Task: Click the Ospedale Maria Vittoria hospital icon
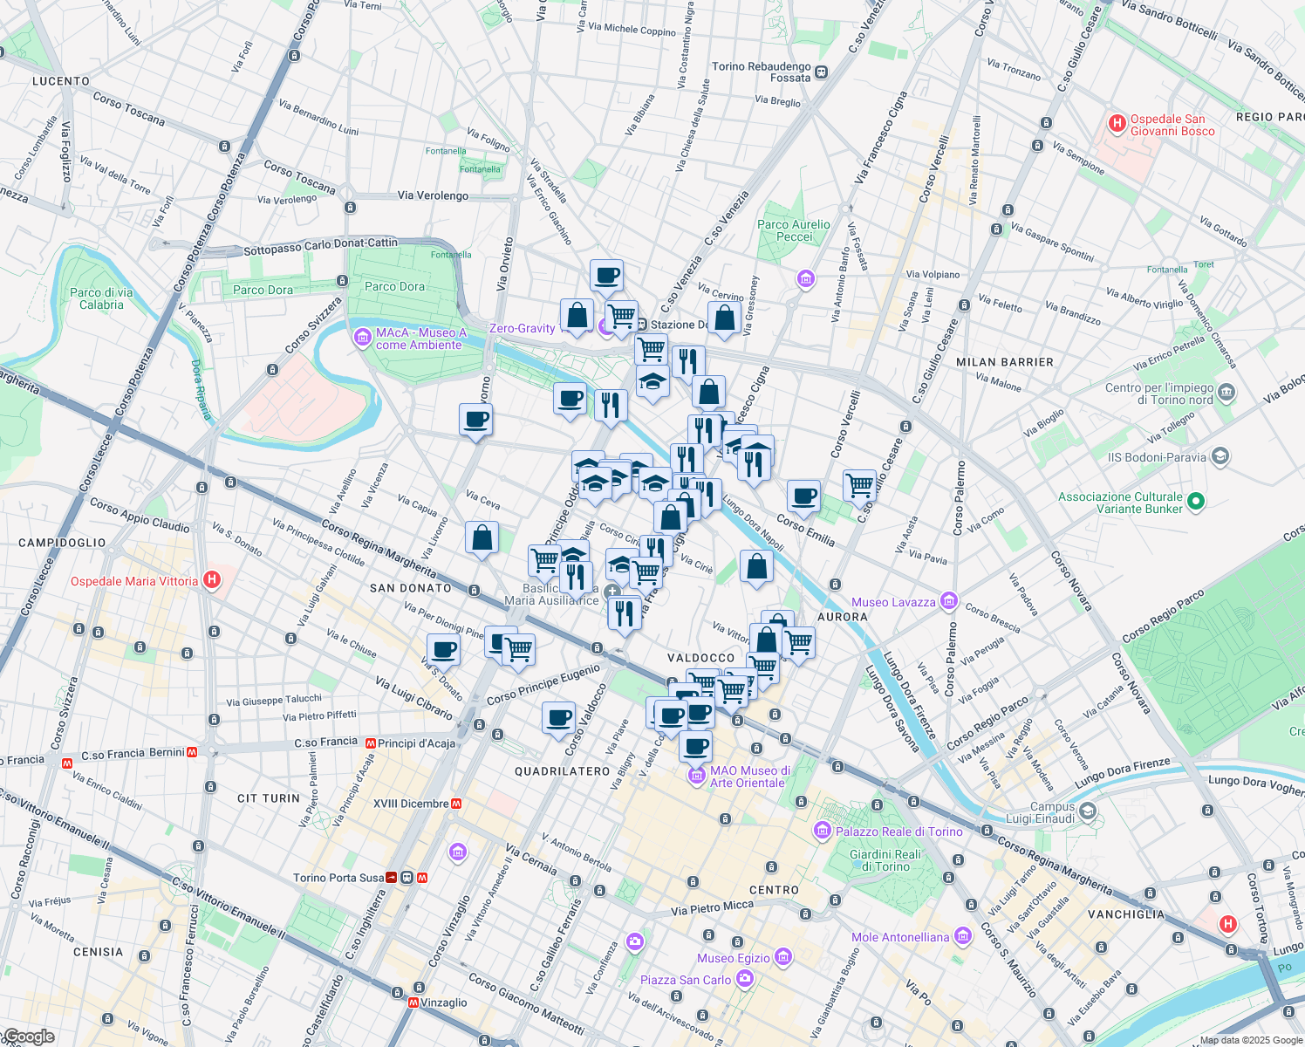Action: click(211, 580)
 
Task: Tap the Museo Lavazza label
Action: click(893, 602)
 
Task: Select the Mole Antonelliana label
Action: click(900, 937)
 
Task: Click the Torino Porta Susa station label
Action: click(338, 878)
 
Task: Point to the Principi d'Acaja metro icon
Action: click(371, 743)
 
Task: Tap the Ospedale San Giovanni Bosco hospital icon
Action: click(1117, 124)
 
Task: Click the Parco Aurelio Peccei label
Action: click(794, 230)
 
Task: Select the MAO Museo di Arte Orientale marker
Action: click(696, 776)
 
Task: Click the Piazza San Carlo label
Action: click(686, 980)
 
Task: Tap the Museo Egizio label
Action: click(734, 958)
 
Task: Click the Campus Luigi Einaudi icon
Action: click(1088, 811)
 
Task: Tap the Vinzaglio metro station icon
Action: click(413, 1003)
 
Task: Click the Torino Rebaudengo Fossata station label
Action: click(762, 72)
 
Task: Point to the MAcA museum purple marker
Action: click(363, 338)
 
